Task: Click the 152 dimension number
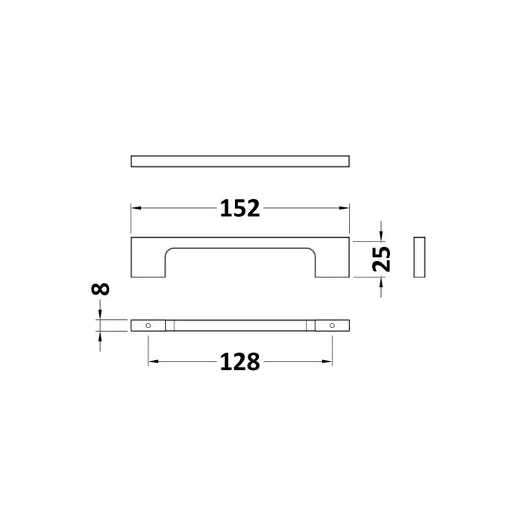(x=239, y=210)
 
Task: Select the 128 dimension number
(x=239, y=362)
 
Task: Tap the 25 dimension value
(x=382, y=258)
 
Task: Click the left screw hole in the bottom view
(x=148, y=326)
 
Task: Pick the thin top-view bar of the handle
(x=239, y=161)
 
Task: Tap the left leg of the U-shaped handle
(x=148, y=261)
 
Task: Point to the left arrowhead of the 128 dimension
(x=153, y=362)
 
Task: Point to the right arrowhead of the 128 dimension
(x=327, y=362)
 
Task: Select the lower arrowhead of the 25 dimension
(x=382, y=282)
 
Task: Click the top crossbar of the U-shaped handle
(x=239, y=243)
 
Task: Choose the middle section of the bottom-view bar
(x=239, y=326)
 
